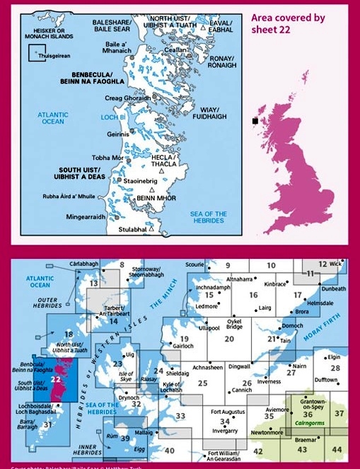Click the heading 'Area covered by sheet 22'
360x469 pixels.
tap(288, 24)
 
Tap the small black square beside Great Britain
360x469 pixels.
tap(255, 121)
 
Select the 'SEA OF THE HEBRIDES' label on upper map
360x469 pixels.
tap(209, 216)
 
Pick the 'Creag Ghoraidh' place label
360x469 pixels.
tap(127, 98)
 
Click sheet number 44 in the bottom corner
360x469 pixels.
tap(338, 450)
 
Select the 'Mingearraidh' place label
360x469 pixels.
tap(86, 216)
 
